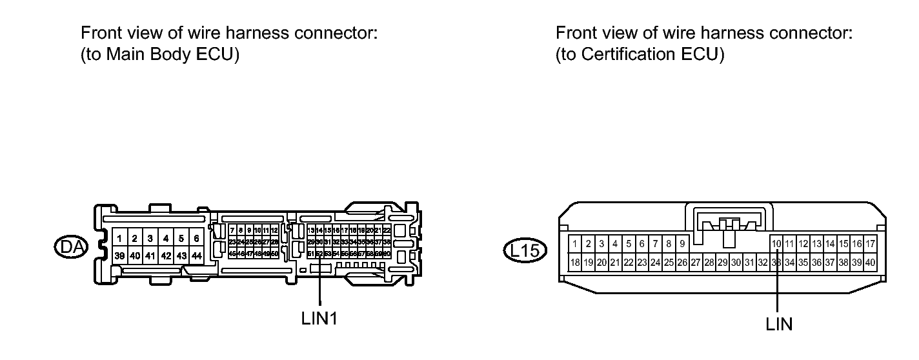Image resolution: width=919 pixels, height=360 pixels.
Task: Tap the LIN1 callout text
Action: click(x=319, y=320)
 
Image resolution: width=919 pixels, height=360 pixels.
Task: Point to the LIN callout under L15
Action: click(x=779, y=324)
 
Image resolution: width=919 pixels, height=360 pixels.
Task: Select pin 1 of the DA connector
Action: click(x=119, y=239)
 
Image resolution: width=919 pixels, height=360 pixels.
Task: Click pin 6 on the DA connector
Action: click(x=196, y=239)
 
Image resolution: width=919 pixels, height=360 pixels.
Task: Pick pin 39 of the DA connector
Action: click(x=119, y=256)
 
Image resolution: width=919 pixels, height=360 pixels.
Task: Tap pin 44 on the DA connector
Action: click(x=196, y=256)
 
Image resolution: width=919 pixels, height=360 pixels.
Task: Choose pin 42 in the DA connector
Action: click(x=166, y=256)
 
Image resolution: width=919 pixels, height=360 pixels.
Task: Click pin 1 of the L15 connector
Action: click(x=574, y=244)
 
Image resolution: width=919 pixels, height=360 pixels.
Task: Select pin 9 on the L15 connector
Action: click(x=682, y=244)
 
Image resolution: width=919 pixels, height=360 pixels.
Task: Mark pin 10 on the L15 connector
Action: click(x=777, y=244)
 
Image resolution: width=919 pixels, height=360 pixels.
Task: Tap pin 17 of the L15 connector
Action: click(x=871, y=244)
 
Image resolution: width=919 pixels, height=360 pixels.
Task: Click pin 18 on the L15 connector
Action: click(x=574, y=263)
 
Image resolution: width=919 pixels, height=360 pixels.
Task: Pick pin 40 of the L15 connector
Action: click(x=871, y=263)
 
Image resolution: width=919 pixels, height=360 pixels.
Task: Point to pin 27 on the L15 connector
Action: click(x=696, y=263)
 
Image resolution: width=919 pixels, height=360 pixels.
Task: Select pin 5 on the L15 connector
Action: click(x=628, y=244)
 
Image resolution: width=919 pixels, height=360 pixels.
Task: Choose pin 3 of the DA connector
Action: click(x=150, y=239)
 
